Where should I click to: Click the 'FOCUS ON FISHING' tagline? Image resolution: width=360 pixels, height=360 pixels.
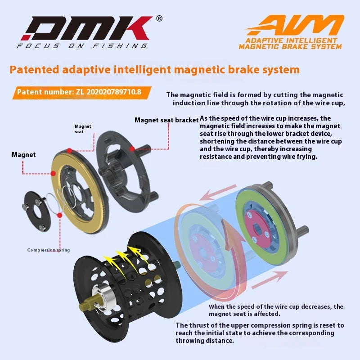coord(82,45)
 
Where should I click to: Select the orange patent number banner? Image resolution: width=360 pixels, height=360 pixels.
coord(79,92)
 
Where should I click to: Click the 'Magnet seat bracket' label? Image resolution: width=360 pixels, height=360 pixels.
coord(166,120)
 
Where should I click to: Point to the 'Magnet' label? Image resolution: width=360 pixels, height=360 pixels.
coord(23,155)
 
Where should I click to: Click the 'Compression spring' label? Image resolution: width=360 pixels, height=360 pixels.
coord(49,250)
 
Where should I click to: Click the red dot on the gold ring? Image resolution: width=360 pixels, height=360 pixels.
coord(68,149)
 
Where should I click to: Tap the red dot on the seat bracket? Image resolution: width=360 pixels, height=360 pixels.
coord(132,148)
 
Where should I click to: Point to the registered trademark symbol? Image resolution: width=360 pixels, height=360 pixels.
coord(159,19)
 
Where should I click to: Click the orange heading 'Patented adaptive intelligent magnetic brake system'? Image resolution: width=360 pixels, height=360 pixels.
coord(154,70)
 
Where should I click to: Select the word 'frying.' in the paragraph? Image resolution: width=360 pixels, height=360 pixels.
coord(305,157)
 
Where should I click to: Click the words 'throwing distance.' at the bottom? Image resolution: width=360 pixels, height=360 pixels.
coord(205,341)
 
